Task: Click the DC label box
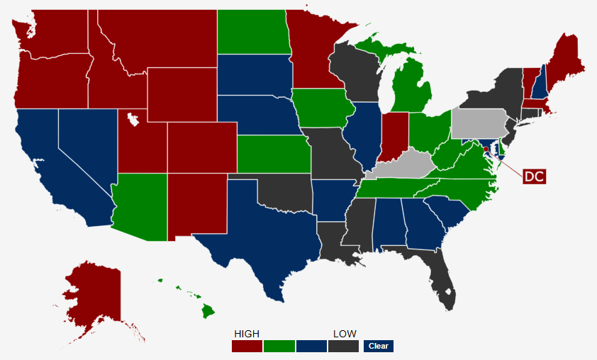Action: (534, 176)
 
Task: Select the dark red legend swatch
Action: (247, 346)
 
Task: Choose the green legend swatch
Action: (279, 346)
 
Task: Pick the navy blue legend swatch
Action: (311, 346)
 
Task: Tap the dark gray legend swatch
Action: (342, 346)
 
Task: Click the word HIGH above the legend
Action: (247, 334)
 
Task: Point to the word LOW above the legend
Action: (345, 334)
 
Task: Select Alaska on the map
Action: (92, 294)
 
